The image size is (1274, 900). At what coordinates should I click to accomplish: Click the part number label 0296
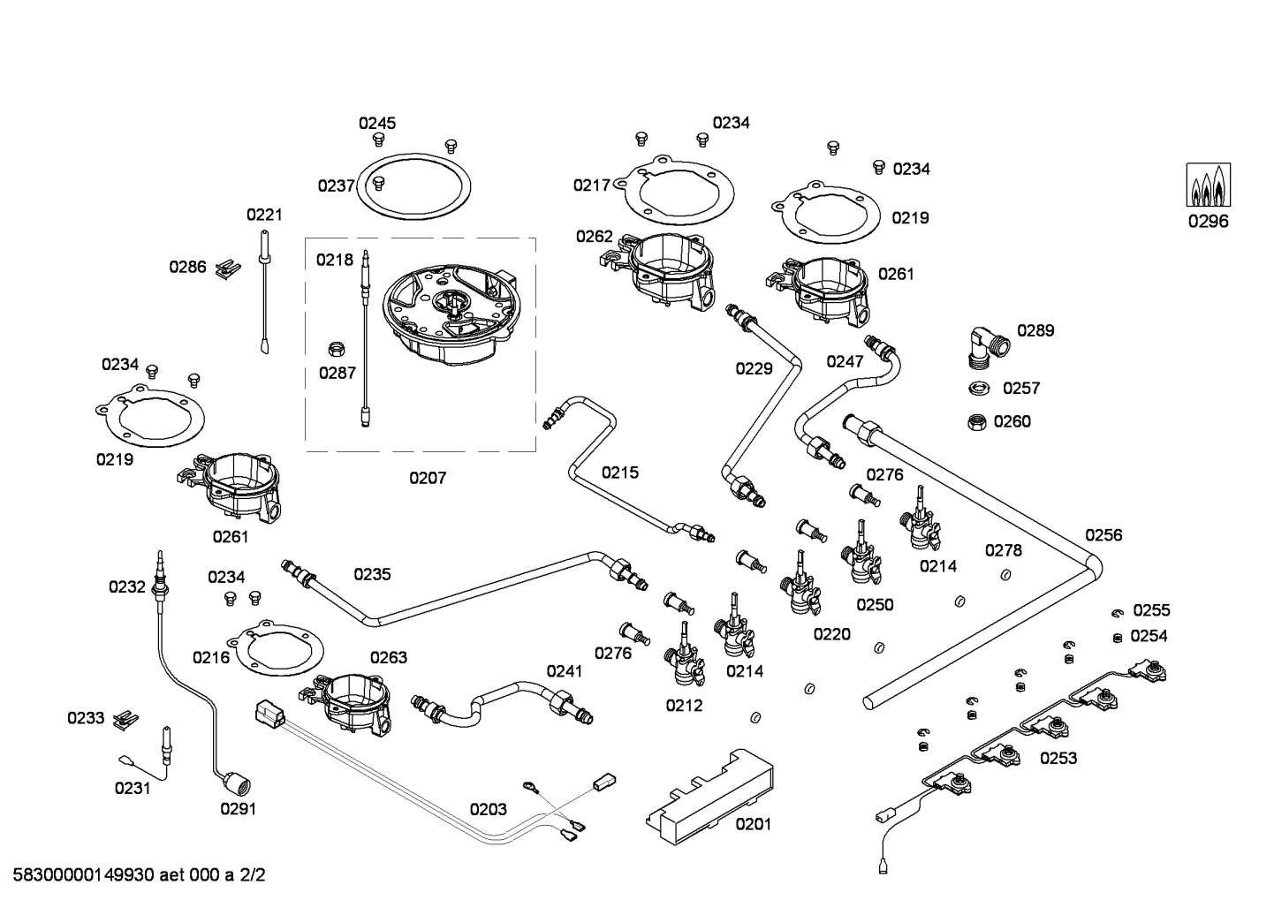pos(1207,222)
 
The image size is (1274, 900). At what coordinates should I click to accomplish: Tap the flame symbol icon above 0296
pos(1208,185)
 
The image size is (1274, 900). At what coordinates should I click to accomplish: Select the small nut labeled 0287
pos(336,348)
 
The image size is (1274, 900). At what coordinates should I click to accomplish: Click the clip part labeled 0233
pos(128,717)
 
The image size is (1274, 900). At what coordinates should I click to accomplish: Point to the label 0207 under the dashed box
pos(428,478)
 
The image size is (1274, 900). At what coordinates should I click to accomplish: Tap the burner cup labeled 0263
pos(353,700)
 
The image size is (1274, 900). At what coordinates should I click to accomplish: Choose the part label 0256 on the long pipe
pos(1103,534)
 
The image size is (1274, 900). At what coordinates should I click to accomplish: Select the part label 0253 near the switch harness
pos(1058,758)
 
